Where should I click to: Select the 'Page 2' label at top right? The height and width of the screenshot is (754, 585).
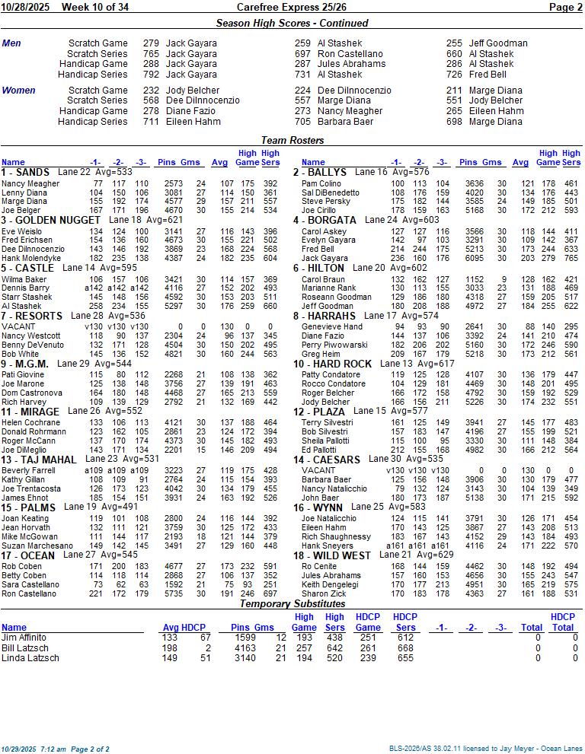point(565,7)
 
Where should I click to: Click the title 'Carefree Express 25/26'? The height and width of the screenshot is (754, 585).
point(292,7)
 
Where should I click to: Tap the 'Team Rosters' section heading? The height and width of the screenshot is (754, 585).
point(292,140)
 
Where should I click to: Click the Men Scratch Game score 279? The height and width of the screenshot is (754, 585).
point(151,43)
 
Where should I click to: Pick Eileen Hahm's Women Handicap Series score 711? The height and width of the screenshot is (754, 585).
point(151,122)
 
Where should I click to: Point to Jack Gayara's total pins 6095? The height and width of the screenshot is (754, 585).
point(474,259)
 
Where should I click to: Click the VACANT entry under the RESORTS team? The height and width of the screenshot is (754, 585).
point(18,326)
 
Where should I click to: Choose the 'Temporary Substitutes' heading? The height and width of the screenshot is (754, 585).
point(292,603)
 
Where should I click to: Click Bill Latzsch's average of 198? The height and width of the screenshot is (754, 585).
point(170,647)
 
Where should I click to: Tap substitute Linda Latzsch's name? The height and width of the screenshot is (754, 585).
point(30,658)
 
